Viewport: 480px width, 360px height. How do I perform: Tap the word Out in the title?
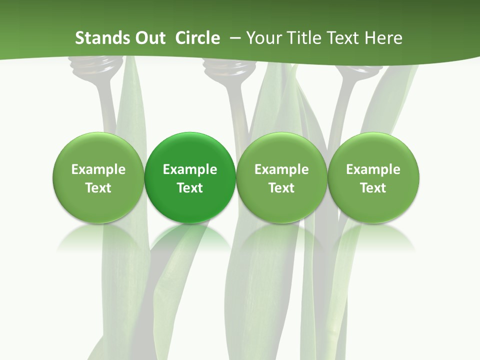pyautogui.click(x=145, y=38)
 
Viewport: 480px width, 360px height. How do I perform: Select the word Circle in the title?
pyautogui.click(x=197, y=38)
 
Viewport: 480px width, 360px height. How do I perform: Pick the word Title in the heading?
pyautogui.click(x=305, y=38)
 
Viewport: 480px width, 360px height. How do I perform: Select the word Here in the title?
pyautogui.click(x=384, y=38)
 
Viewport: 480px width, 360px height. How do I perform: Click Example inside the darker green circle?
pyautogui.click(x=190, y=169)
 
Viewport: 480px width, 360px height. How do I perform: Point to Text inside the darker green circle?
pyautogui.click(x=190, y=188)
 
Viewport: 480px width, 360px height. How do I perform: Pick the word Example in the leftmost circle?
pyautogui.click(x=98, y=169)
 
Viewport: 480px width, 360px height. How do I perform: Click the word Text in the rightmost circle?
pyautogui.click(x=373, y=188)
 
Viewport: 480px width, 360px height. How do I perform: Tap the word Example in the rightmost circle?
pyautogui.click(x=373, y=169)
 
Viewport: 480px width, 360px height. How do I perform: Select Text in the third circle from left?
pyautogui.click(x=281, y=188)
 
